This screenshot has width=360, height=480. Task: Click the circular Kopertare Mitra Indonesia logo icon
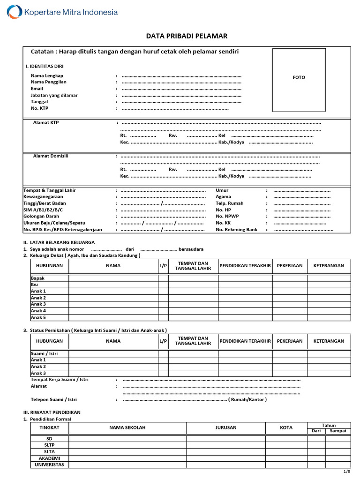click(x=15, y=12)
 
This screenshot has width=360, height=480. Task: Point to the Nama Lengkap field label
click(x=47, y=75)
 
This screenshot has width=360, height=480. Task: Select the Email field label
click(x=37, y=89)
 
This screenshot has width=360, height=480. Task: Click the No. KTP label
click(x=39, y=108)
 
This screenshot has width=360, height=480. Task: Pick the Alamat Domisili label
click(x=51, y=156)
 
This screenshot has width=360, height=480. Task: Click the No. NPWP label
click(x=227, y=217)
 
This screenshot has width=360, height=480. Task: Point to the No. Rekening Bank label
click(x=237, y=230)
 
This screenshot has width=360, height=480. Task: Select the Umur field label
click(x=222, y=190)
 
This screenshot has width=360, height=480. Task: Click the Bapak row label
click(x=37, y=278)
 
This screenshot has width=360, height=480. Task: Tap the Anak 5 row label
click(x=38, y=317)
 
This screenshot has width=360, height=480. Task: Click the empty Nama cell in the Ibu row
click(x=113, y=285)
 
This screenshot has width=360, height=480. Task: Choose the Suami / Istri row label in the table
click(x=44, y=353)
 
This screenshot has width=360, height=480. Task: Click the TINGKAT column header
click(x=49, y=427)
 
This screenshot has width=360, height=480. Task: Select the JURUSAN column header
click(x=226, y=427)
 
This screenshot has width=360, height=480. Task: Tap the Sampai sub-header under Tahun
click(x=337, y=431)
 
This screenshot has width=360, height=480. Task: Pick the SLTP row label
click(x=49, y=445)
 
